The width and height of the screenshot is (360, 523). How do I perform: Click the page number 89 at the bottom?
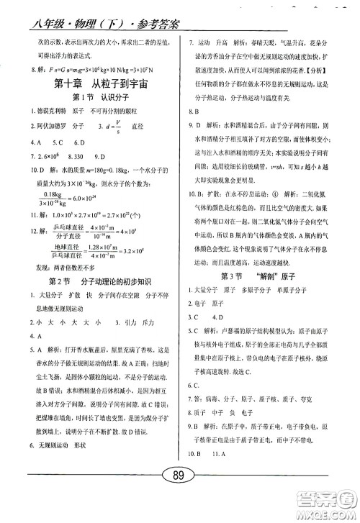181,495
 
